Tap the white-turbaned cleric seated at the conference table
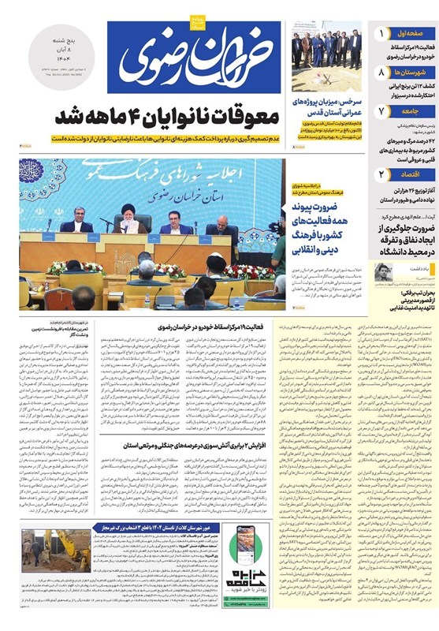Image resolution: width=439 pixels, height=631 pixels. pos(129,218)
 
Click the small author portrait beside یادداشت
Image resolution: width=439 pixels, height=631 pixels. pos(382,271)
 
